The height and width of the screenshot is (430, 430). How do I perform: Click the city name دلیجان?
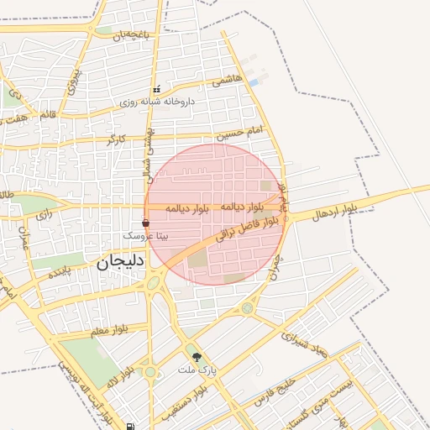(x=122, y=261)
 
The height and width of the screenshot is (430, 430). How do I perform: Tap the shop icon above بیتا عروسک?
(x=146, y=223)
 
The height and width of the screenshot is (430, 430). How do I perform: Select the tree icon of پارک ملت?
(x=197, y=357)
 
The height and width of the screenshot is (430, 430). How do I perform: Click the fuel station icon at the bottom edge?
(x=130, y=427)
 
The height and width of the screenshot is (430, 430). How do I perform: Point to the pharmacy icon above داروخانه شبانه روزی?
(x=156, y=90)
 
